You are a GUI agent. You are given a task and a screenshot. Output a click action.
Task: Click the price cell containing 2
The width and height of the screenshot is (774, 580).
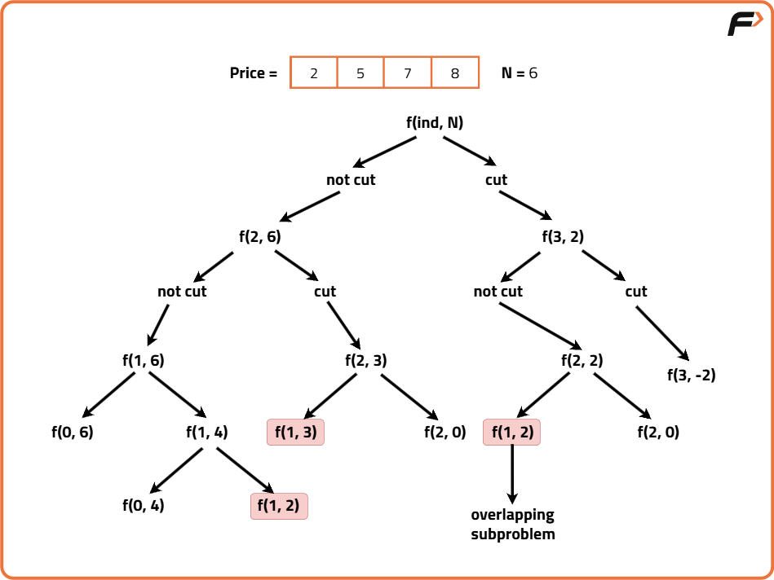314,73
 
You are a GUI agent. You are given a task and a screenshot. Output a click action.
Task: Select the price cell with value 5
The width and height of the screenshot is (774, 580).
360,73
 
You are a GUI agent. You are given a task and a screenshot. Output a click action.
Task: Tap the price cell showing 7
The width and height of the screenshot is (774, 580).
408,73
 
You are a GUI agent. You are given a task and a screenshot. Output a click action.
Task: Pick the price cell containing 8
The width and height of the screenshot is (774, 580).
455,73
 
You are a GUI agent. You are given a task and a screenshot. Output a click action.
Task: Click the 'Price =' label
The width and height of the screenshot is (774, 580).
254,73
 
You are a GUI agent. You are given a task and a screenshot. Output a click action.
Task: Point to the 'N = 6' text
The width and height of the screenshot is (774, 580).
520,73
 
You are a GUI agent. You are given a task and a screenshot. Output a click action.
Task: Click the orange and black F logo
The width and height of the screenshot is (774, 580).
745,24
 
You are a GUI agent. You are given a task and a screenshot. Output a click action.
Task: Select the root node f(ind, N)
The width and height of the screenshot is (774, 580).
435,123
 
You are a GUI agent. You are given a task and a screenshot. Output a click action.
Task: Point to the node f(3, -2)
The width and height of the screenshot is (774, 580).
691,376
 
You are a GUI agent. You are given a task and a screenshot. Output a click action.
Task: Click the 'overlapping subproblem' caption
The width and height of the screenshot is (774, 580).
513,525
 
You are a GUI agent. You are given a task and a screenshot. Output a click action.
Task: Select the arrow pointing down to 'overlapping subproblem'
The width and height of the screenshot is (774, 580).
512,473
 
